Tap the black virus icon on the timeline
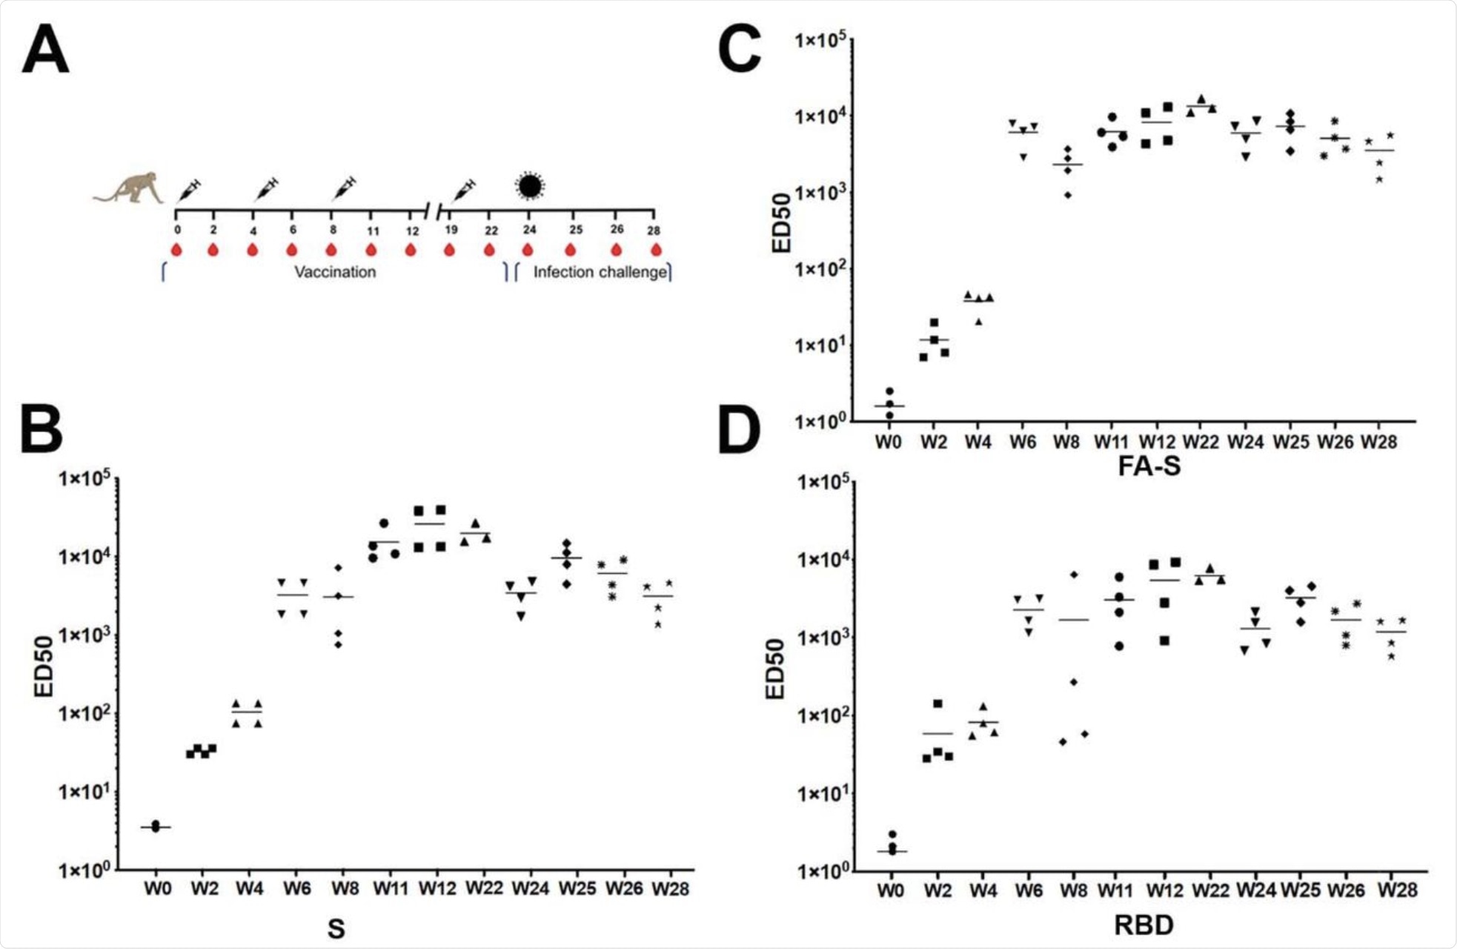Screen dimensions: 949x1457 click(x=529, y=186)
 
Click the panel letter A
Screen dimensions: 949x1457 click(x=45, y=50)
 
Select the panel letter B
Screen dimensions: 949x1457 click(x=42, y=430)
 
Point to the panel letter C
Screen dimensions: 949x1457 click(x=740, y=50)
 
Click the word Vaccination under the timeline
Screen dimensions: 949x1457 click(x=335, y=272)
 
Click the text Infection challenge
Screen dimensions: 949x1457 click(x=600, y=272)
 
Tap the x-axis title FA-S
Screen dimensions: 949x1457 click(x=1149, y=466)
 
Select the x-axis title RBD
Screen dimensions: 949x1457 click(x=1144, y=925)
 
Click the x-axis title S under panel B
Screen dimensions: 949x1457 click(x=336, y=928)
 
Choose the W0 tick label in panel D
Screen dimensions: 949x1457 click(x=891, y=890)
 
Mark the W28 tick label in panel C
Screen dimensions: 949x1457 click(x=1379, y=443)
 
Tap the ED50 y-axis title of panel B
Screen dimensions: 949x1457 click(x=44, y=666)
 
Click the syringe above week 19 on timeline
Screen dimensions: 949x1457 click(x=464, y=191)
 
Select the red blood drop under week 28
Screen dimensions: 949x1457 click(x=656, y=250)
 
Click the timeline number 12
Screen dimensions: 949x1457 click(x=412, y=231)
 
